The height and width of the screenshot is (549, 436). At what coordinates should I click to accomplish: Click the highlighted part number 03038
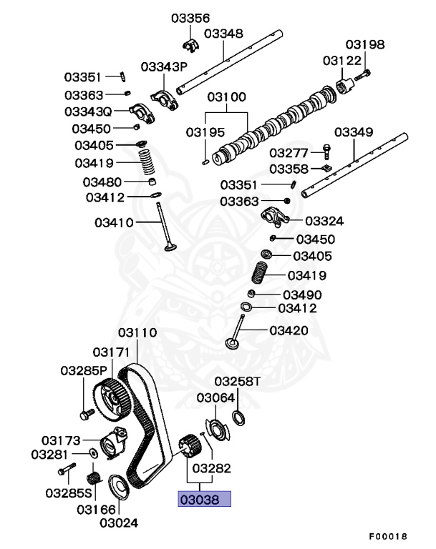point(204,499)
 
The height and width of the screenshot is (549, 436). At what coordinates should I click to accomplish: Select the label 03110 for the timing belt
point(137,333)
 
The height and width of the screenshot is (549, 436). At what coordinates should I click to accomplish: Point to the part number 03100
point(227,97)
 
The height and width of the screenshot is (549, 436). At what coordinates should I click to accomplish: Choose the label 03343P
point(163,66)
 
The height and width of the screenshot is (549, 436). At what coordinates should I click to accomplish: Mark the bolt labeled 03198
point(363,73)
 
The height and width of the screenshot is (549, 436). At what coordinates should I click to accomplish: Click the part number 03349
point(354,132)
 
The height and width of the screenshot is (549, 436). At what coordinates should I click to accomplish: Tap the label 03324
point(324,221)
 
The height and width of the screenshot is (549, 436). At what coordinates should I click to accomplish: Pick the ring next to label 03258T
point(237,417)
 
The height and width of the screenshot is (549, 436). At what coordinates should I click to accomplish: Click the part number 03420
point(289,330)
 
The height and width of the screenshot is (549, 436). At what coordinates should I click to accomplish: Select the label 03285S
point(69,493)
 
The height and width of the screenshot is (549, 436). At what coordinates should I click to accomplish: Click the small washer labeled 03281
point(95,454)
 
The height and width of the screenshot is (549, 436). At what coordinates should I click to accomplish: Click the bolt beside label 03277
point(326,152)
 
